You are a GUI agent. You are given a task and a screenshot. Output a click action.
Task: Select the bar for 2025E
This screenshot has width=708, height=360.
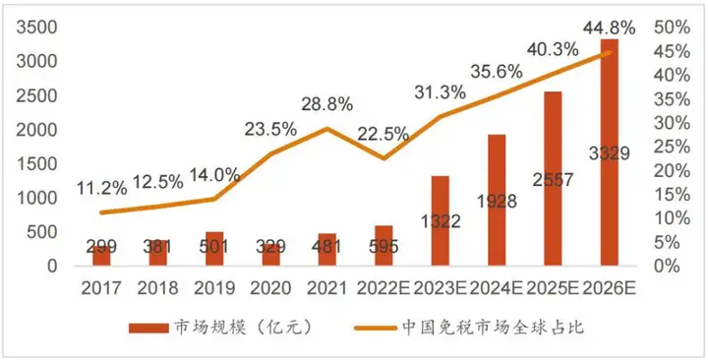(553, 178)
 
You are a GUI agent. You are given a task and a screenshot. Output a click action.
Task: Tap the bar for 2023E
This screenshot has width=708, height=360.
(440, 220)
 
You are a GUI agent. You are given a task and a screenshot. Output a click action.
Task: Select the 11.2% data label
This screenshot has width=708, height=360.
(101, 188)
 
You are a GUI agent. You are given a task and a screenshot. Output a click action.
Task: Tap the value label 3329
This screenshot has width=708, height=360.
(609, 152)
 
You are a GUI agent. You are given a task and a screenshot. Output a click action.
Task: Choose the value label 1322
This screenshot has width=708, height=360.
(440, 222)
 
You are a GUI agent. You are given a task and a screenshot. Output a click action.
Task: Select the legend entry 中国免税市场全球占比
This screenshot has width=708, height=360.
(493, 328)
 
